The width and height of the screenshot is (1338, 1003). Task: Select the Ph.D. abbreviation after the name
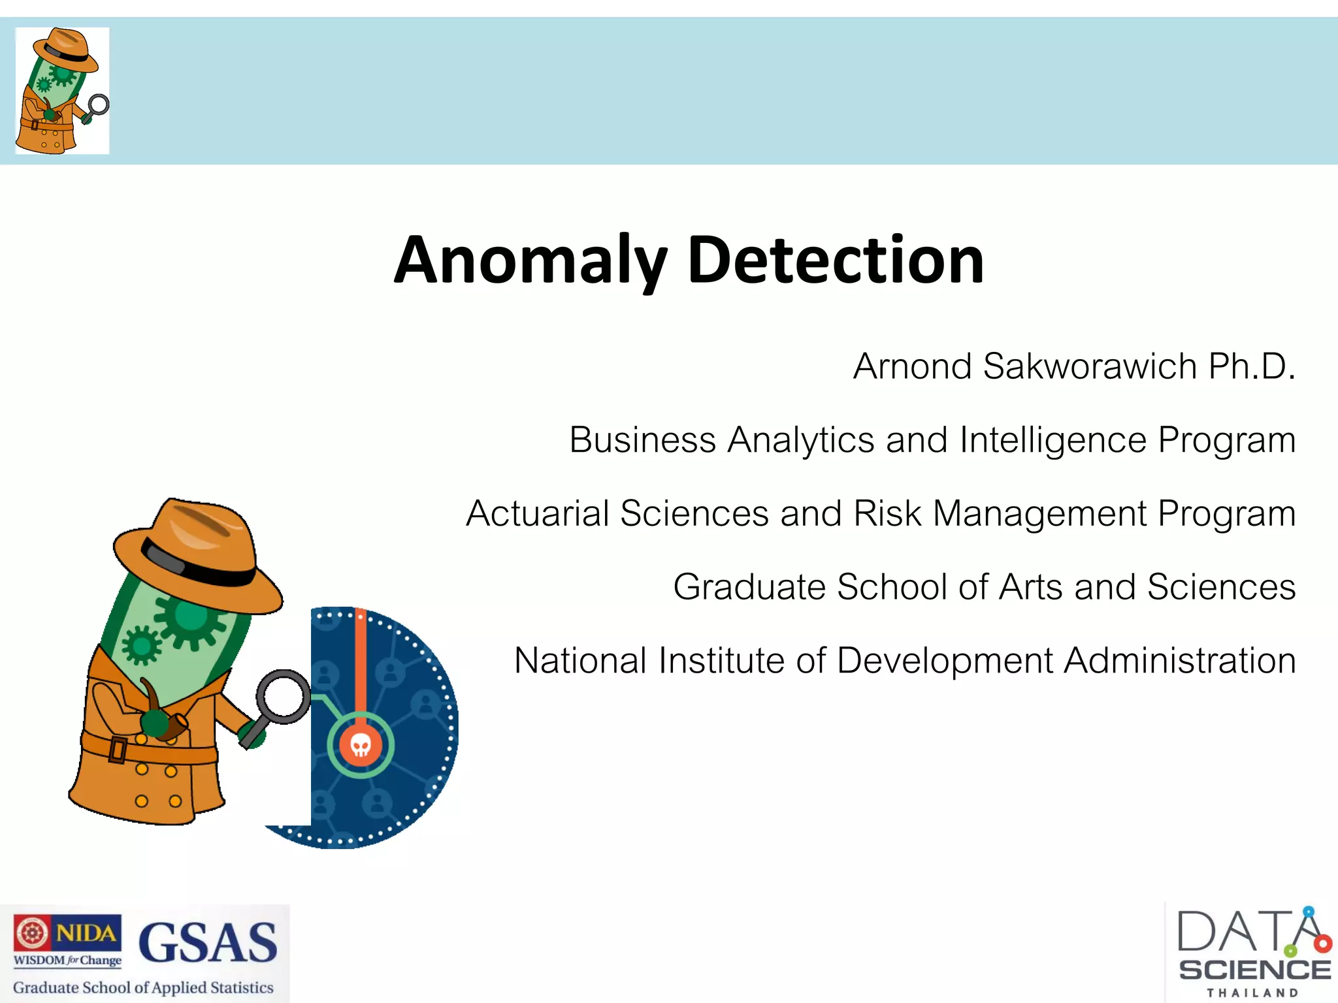[1251, 366]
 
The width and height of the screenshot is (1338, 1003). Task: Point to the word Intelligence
[1052, 440]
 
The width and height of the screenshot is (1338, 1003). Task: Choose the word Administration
[1179, 661]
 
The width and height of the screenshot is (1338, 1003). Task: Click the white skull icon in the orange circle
[361, 744]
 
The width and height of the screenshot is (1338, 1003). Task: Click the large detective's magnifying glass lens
[284, 696]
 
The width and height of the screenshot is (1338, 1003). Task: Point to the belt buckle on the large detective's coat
[118, 749]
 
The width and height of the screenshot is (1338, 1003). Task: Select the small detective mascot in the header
[61, 91]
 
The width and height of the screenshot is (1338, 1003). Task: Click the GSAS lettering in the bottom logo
[208, 943]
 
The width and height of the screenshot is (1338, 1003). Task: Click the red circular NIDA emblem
[31, 932]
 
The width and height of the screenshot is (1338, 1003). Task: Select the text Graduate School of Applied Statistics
[143, 987]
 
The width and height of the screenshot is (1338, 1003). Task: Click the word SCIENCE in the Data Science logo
[1254, 970]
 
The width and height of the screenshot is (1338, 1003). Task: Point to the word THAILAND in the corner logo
[1252, 993]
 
